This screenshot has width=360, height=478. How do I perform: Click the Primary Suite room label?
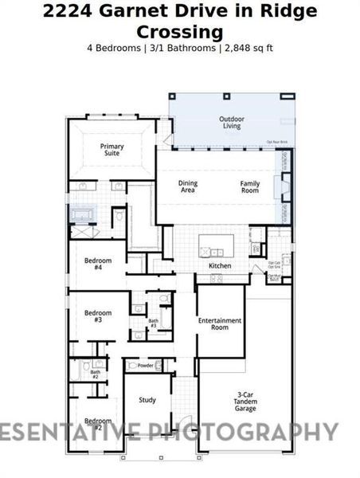(111, 149)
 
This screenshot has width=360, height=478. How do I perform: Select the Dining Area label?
(188, 186)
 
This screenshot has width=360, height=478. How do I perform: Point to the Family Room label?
(250, 186)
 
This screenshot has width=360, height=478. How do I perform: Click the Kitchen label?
(220, 265)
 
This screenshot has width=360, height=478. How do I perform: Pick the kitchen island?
(217, 243)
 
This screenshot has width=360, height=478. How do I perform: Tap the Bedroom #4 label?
(98, 264)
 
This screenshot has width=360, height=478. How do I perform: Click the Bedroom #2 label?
(97, 424)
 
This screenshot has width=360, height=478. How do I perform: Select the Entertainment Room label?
(219, 323)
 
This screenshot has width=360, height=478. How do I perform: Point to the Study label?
(147, 400)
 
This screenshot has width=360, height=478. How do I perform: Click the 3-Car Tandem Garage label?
(245, 401)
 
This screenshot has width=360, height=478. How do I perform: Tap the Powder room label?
(145, 366)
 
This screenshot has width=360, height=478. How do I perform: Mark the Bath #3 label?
(153, 323)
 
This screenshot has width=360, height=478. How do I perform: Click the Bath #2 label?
(95, 374)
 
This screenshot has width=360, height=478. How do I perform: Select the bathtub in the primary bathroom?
(83, 215)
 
